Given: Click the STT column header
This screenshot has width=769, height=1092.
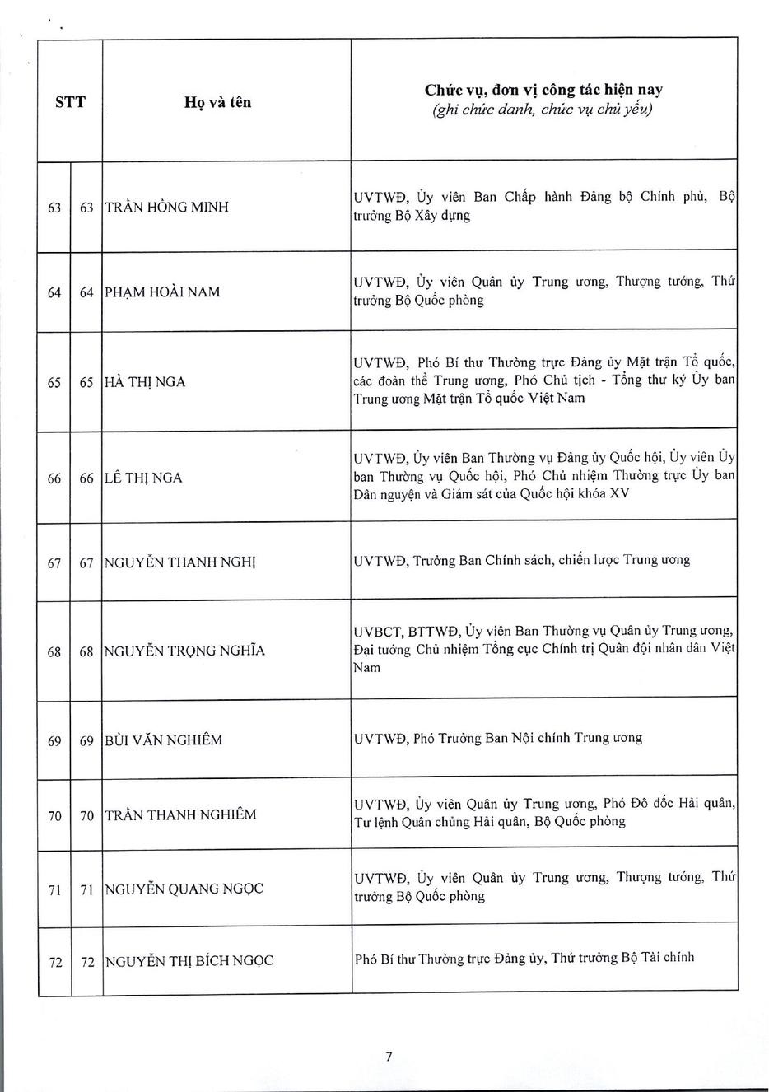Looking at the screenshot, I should [x=70, y=102].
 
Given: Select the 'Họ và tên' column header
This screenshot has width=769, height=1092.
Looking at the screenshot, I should [x=218, y=103].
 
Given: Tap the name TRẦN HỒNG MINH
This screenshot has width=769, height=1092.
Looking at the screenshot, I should [x=166, y=207].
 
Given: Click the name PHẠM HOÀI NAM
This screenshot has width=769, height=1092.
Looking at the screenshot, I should [x=162, y=292].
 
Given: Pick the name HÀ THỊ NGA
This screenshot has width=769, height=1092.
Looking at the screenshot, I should [x=145, y=382].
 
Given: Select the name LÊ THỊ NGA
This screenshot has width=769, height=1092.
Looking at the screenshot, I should [x=143, y=478].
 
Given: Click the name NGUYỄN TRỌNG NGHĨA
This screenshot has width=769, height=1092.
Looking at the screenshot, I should [x=184, y=651].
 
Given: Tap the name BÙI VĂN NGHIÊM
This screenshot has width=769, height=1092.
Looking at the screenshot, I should [x=164, y=740].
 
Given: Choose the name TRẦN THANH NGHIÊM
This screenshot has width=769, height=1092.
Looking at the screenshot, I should [x=180, y=815].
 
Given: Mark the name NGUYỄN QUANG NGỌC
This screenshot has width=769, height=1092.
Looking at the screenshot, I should [x=184, y=889].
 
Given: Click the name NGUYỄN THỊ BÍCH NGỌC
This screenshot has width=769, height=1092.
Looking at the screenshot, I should [x=189, y=961].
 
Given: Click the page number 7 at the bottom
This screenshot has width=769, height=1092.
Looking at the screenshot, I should [x=389, y=1057].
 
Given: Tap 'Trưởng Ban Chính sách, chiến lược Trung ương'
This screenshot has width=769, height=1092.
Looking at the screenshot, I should [x=551, y=561].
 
